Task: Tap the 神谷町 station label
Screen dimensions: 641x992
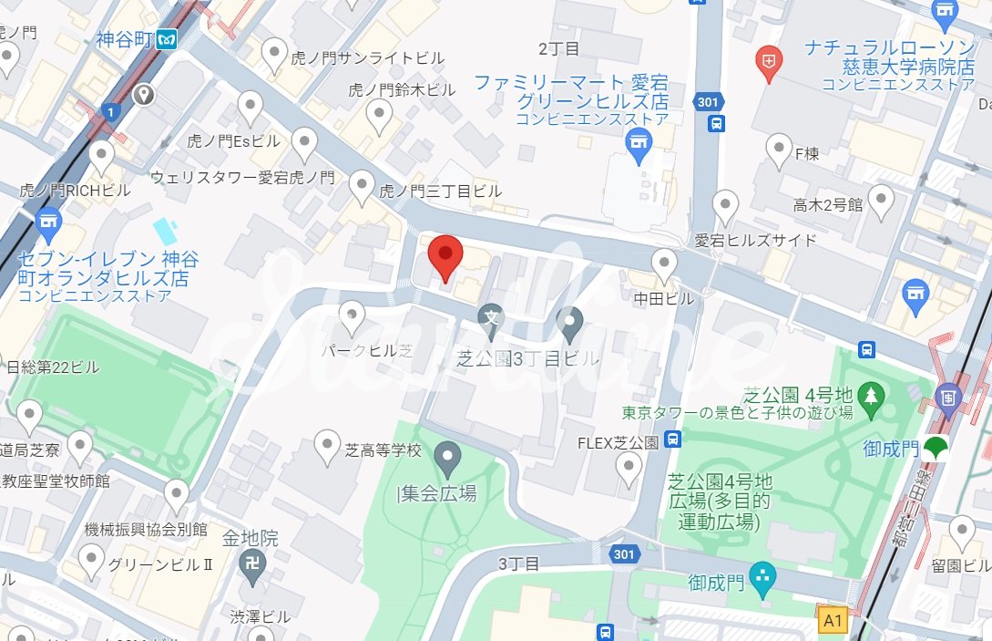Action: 125,40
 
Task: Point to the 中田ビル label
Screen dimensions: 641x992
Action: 664,298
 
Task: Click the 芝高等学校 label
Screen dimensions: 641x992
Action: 384,450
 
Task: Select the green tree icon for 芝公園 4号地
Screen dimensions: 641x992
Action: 872,394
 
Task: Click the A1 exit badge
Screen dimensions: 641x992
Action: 833,621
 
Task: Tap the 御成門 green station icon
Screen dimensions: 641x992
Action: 934,448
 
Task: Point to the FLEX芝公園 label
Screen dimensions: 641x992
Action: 618,443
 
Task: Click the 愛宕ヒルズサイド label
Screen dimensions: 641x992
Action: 756,241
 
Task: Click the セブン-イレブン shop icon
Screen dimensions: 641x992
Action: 48,222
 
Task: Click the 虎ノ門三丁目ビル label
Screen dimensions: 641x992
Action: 440,191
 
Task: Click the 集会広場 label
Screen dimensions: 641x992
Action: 438,494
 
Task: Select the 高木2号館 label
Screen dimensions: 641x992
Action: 827,205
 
